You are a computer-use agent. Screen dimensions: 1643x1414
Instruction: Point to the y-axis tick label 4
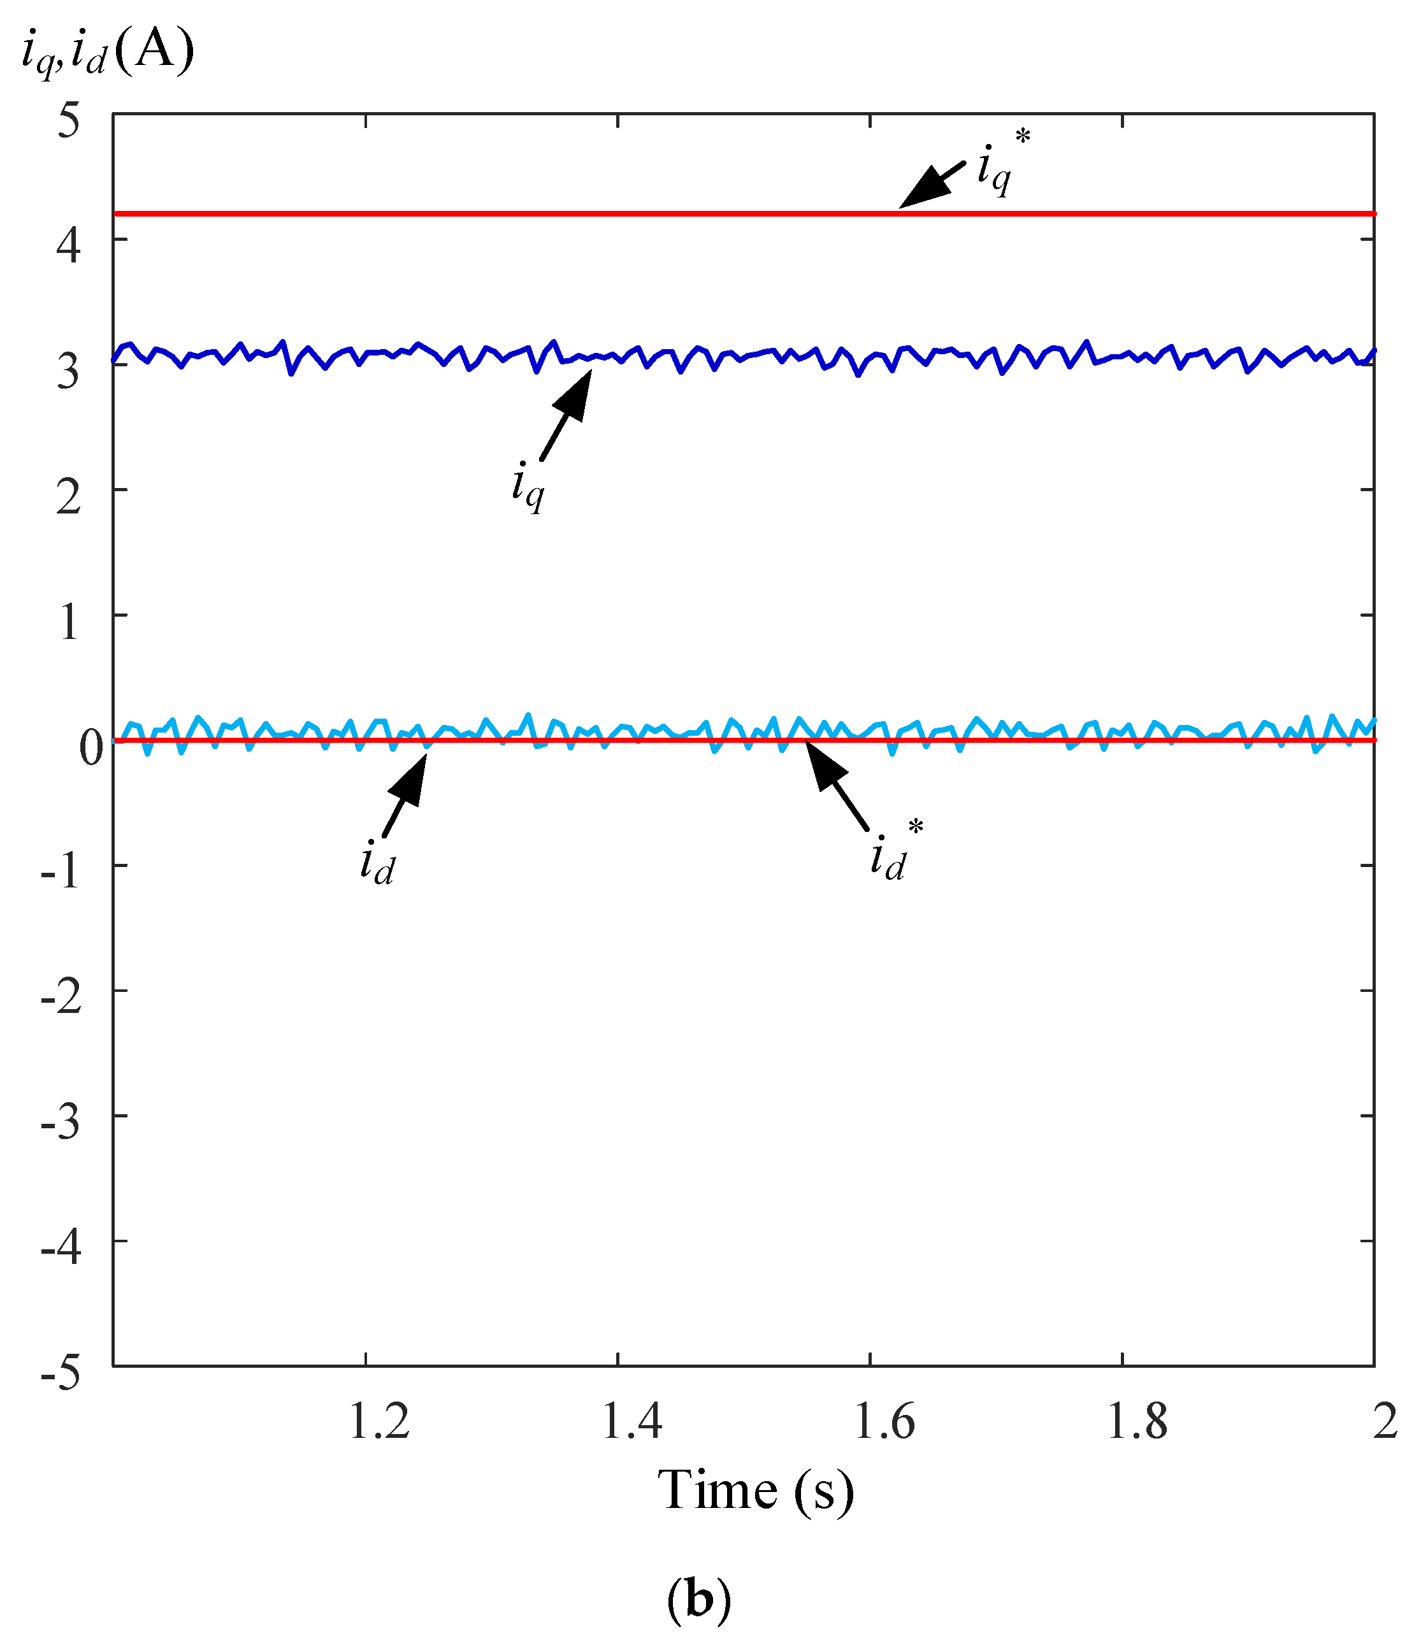[x=69, y=247]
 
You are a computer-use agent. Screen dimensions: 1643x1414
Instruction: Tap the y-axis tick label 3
[x=69, y=371]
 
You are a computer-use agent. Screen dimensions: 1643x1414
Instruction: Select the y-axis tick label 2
[x=69, y=498]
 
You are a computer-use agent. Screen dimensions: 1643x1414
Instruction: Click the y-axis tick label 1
[x=69, y=622]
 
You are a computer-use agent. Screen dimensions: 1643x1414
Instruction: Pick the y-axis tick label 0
[x=91, y=748]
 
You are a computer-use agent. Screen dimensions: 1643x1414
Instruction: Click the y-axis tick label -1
[x=61, y=873]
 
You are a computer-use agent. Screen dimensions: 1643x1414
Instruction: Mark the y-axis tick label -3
[x=61, y=1124]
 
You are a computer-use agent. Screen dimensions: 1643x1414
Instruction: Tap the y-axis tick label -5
[x=61, y=1374]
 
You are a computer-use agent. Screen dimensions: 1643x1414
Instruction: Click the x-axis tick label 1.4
[x=632, y=1422]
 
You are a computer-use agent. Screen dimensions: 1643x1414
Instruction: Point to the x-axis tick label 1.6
[x=884, y=1422]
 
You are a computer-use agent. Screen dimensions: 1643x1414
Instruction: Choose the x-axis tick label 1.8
[x=1136, y=1422]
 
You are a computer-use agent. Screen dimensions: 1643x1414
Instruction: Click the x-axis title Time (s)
[x=756, y=1491]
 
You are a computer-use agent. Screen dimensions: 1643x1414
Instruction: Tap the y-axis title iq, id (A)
[x=108, y=54]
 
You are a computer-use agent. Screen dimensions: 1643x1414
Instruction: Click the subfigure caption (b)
[x=698, y=1600]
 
